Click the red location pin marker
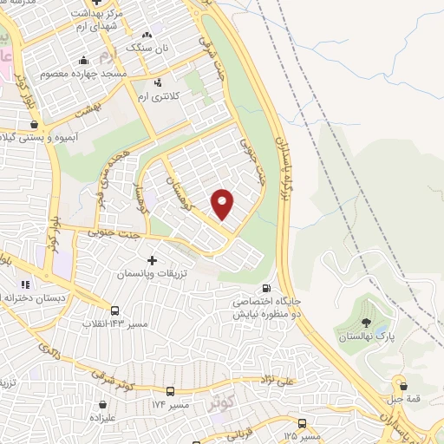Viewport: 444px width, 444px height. point(223,203)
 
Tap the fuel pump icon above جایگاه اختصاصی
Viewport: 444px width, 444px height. point(266,289)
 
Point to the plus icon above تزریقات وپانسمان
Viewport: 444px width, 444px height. point(153,259)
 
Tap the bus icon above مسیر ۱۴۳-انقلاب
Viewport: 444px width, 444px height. point(114,310)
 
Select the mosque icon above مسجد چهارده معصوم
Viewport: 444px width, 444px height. point(83,61)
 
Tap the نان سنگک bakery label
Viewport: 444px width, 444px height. point(146,48)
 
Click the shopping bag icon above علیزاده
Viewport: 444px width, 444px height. point(104,403)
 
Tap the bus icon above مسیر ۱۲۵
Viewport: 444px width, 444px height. point(301,423)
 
